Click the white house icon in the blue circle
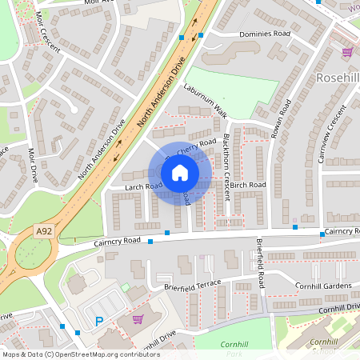[180, 173]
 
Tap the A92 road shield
[44, 231]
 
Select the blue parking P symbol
[100, 322]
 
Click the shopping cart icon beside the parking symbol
[138, 318]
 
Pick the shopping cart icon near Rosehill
[347, 52]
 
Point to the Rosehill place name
[338, 78]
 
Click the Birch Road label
[248, 185]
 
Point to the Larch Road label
[142, 186]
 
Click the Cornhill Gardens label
[323, 286]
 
